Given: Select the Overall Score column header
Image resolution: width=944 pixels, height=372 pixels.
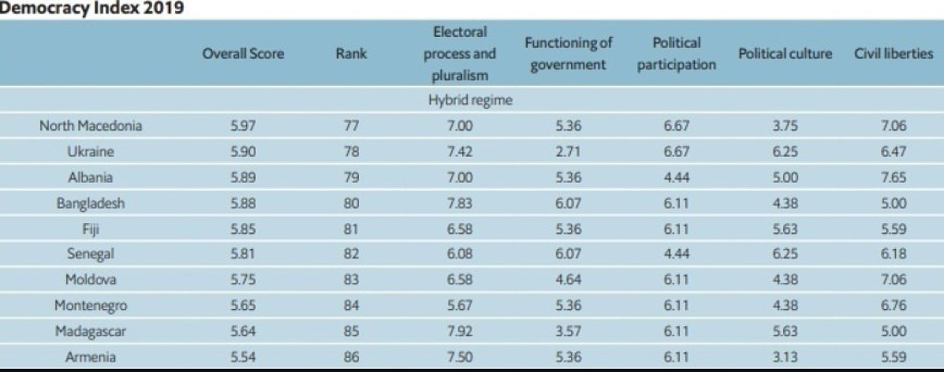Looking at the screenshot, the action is (x=243, y=54).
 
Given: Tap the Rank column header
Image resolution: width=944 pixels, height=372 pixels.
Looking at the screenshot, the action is (x=352, y=54).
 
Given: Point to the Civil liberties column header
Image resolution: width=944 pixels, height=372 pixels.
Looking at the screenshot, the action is (x=894, y=54).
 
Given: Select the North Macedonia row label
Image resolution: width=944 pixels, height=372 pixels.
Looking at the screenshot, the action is (x=91, y=126).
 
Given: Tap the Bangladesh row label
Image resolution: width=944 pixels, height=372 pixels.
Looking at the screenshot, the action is (x=91, y=203).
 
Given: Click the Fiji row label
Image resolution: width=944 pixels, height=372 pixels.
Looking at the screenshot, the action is (x=91, y=229).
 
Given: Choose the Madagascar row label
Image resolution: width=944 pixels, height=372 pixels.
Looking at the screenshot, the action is (x=91, y=331).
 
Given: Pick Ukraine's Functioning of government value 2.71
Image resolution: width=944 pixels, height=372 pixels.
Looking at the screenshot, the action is (x=569, y=152).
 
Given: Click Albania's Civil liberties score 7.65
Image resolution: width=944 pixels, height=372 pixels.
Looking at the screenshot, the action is (x=894, y=177).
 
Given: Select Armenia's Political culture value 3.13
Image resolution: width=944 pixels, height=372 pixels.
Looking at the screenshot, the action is (x=785, y=357).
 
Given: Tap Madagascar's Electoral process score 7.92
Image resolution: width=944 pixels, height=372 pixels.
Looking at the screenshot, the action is (x=460, y=331).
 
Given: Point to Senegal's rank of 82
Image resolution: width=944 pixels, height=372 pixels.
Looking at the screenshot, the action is (x=352, y=255).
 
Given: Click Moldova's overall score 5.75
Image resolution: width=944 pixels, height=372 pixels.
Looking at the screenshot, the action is (x=243, y=280).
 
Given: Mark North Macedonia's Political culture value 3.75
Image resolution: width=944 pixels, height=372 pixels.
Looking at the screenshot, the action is (x=785, y=126).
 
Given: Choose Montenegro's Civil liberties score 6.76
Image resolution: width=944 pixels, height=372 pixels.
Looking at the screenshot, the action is (x=894, y=306).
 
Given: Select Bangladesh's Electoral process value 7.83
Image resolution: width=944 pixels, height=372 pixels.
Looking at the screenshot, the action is (x=460, y=203).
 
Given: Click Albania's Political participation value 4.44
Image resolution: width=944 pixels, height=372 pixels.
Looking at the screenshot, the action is (x=677, y=177).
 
